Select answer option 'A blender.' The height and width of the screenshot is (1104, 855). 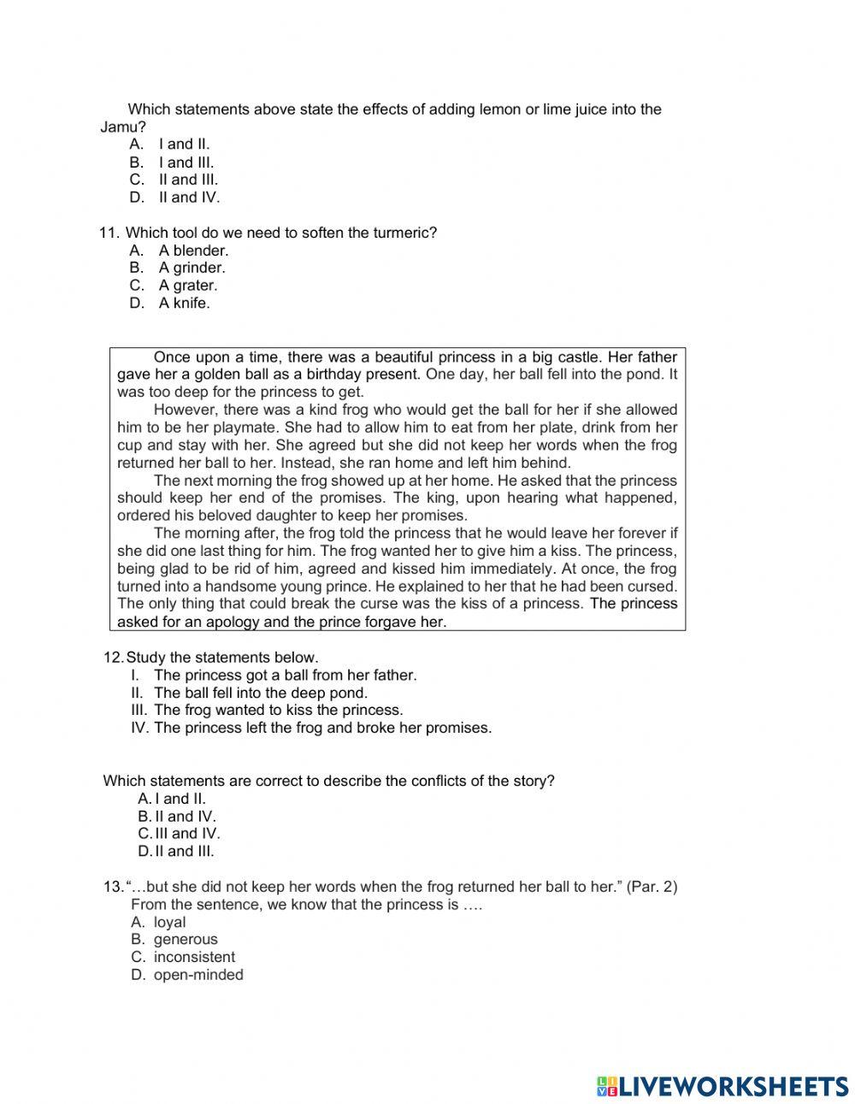click(x=193, y=251)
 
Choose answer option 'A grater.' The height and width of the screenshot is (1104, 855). click(x=188, y=286)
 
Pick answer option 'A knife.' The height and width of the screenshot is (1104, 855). click(x=184, y=303)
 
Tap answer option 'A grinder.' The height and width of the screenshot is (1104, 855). click(x=192, y=268)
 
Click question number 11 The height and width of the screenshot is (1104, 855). click(x=109, y=233)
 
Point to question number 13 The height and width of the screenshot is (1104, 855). click(x=113, y=887)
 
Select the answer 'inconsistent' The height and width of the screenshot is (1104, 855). click(x=194, y=957)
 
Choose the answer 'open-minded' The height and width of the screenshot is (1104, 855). click(x=198, y=975)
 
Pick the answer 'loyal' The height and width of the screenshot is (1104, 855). click(x=169, y=922)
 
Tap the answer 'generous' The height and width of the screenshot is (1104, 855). click(x=186, y=939)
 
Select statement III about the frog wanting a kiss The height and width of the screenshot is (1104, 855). click(x=278, y=710)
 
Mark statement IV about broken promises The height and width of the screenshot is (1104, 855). click(x=322, y=728)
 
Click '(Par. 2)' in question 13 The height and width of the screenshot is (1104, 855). click(x=652, y=887)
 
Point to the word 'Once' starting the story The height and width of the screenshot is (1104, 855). click(x=171, y=357)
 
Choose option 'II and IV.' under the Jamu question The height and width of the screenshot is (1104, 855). click(x=189, y=198)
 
